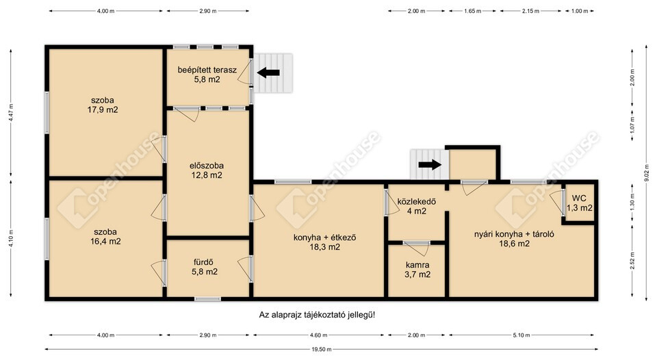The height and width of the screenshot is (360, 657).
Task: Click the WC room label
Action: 580,203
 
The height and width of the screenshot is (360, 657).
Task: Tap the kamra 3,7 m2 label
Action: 417,270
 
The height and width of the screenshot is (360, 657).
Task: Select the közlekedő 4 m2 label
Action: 417,206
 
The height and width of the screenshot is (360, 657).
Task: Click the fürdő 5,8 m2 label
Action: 205,267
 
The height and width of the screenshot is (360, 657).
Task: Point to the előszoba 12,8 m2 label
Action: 207,170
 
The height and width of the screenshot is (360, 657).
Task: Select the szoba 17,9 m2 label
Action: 103,105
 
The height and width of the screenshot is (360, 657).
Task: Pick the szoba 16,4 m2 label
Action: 105,236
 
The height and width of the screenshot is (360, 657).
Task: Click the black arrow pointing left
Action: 268,73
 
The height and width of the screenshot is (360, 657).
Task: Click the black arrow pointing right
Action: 430,164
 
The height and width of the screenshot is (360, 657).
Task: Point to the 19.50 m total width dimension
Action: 322,349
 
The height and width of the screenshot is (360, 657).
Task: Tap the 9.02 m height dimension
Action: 647,173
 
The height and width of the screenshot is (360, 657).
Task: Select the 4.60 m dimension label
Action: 318,335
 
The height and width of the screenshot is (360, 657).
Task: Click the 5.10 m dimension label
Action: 521,335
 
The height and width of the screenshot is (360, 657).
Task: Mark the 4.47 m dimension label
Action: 11,112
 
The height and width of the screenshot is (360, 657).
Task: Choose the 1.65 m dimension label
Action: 473,11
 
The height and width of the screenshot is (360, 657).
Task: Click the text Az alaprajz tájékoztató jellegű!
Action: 317,315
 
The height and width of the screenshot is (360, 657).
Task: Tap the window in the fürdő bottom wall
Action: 207,299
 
